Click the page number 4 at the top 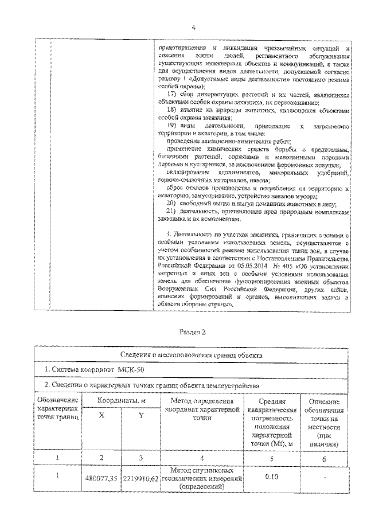[192, 28]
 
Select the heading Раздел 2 [192, 332]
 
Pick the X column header [101, 417]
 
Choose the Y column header [140, 417]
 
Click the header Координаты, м [120, 400]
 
